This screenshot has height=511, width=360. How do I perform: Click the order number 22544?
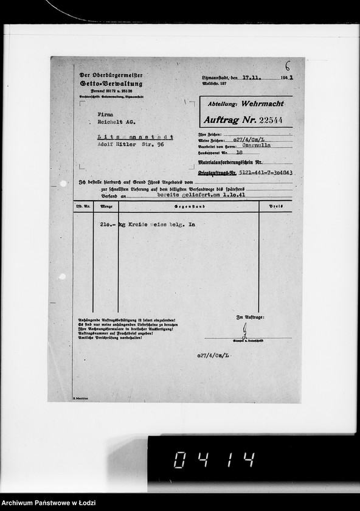click(x=268, y=120)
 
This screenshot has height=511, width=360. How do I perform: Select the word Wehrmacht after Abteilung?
click(x=265, y=104)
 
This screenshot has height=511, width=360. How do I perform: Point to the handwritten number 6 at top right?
click(x=288, y=66)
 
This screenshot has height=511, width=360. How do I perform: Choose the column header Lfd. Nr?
click(x=83, y=206)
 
